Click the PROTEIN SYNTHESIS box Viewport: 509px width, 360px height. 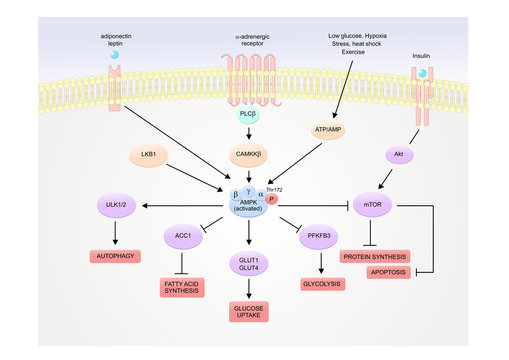[373, 255]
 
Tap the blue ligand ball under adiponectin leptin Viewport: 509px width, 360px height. [116, 57]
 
